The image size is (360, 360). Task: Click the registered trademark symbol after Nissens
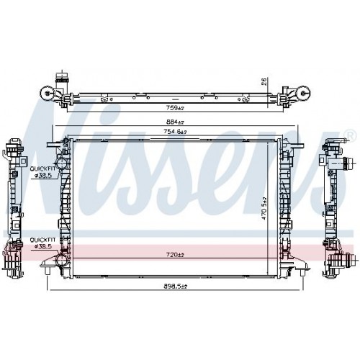(x=350, y=134)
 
